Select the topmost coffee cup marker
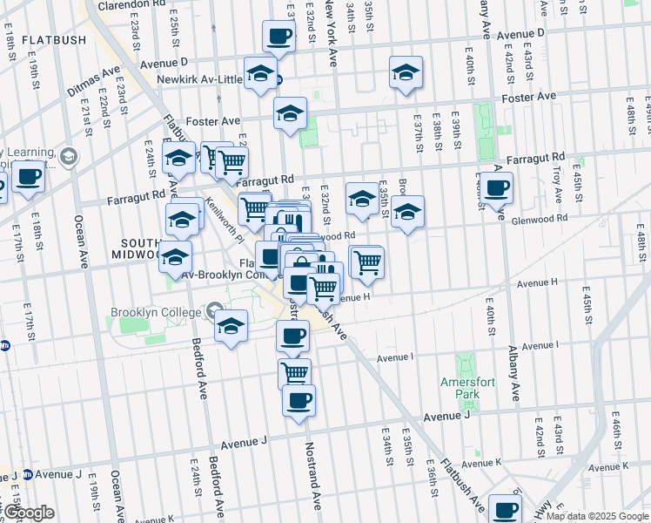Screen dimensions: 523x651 (x=279, y=37)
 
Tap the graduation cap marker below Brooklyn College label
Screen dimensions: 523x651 (x=230, y=327)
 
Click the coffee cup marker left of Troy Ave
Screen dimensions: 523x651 (x=497, y=188)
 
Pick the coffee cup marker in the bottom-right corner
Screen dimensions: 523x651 (x=505, y=510)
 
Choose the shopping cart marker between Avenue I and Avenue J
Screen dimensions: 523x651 (x=294, y=373)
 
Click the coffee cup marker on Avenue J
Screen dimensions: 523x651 (x=299, y=401)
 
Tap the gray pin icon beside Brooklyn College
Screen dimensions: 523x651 (x=214, y=311)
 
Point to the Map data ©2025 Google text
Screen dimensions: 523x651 (x=597, y=517)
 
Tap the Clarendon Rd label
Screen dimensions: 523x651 (x=131, y=4)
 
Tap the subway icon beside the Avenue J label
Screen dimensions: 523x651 (x=27, y=475)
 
